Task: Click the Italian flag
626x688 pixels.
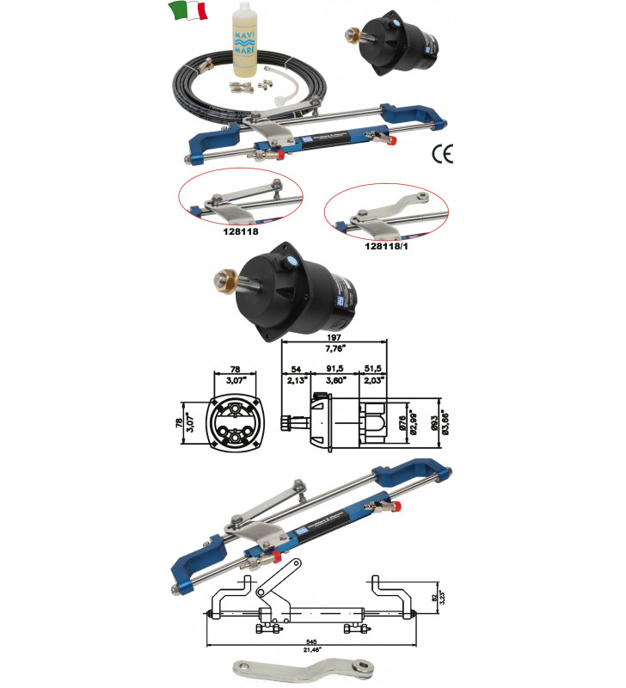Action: (x=188, y=12)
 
